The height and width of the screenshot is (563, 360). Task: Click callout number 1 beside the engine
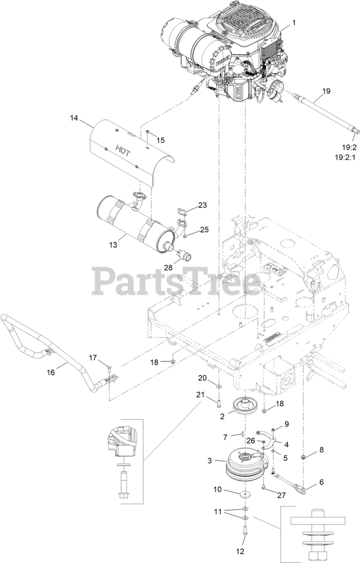click(x=294, y=22)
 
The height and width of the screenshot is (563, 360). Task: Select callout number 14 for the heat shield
click(x=73, y=117)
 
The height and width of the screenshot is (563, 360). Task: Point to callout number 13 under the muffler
click(x=114, y=245)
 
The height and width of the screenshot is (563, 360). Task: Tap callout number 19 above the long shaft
click(x=325, y=91)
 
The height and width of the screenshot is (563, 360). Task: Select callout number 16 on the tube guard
click(x=51, y=372)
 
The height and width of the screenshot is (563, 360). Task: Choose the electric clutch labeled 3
click(x=243, y=462)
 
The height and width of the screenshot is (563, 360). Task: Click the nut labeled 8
click(x=303, y=457)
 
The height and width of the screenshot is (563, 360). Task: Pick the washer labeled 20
click(x=218, y=385)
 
